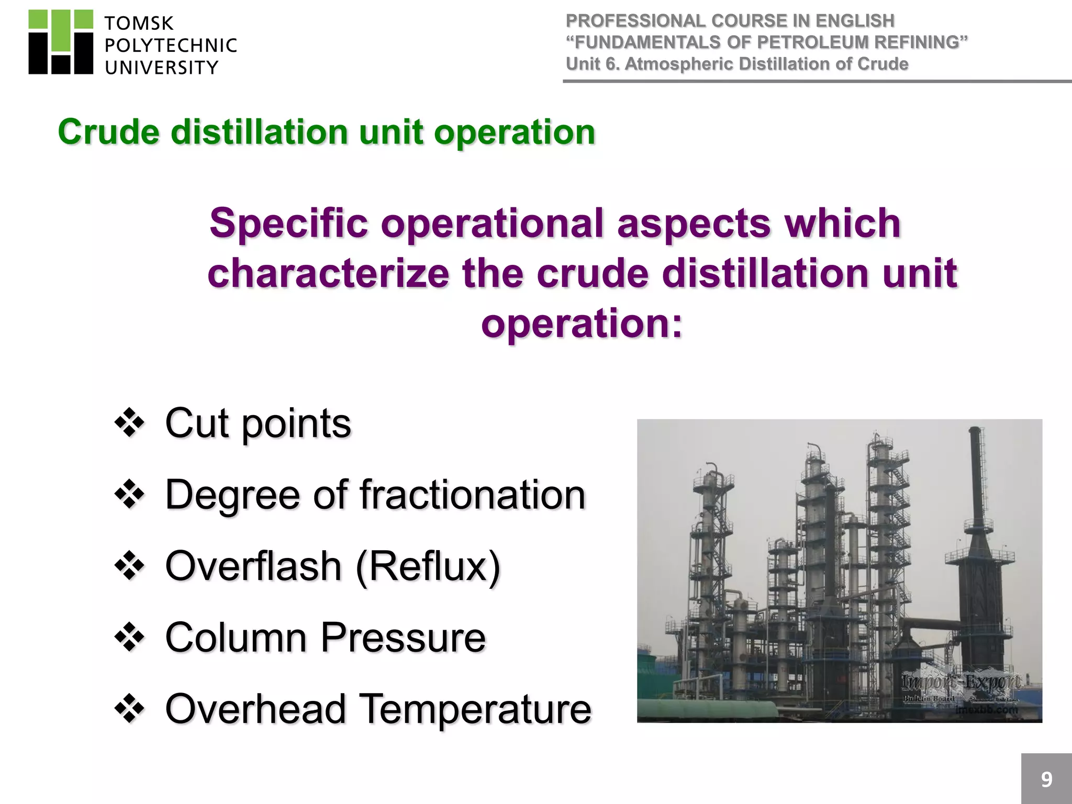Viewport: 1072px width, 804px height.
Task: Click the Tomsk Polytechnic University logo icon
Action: point(61,42)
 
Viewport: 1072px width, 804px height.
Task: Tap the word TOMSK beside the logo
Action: point(139,24)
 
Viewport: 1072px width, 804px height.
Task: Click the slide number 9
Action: point(1046,779)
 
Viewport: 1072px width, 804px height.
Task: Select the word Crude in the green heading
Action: point(108,131)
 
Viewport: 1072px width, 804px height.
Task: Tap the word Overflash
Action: point(253,566)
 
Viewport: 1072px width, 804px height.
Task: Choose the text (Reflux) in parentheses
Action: point(428,566)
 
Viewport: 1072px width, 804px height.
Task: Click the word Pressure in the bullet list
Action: point(403,638)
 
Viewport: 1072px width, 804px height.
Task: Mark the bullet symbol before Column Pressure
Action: point(129,638)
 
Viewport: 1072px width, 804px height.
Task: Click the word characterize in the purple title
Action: point(328,273)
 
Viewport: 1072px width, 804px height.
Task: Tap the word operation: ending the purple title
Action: point(582,323)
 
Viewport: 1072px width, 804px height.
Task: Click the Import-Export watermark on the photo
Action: point(961,683)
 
